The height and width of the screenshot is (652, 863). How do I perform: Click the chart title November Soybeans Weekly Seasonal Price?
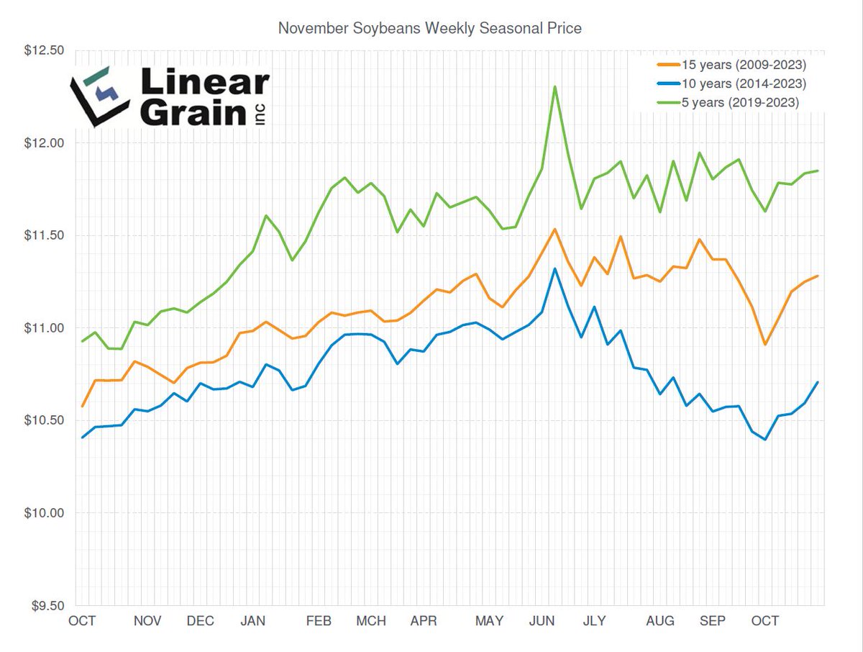click(x=429, y=29)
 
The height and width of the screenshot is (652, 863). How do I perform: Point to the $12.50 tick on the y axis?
click(x=45, y=51)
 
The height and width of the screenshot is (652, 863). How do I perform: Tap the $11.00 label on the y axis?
click(x=45, y=328)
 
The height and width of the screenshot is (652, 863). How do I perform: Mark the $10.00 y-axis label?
click(x=45, y=513)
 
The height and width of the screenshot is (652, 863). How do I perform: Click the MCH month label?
click(x=371, y=621)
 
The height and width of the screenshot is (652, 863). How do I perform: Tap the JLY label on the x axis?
click(x=594, y=621)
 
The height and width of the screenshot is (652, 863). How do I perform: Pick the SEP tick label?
click(x=712, y=621)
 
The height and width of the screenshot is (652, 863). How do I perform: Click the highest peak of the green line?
click(x=554, y=86)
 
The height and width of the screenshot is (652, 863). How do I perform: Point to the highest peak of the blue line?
click(x=554, y=268)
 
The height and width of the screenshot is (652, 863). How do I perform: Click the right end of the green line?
click(x=818, y=171)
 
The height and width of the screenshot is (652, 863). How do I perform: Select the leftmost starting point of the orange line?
click(x=83, y=406)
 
